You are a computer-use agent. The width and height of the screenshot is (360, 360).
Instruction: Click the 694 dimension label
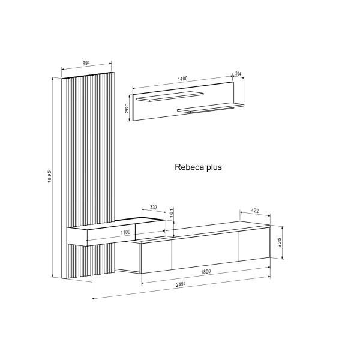(86, 63)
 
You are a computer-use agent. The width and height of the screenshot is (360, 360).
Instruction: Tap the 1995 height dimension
(50, 176)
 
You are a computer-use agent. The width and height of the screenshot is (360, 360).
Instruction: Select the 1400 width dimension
(183, 79)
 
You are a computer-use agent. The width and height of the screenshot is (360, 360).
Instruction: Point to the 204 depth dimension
(238, 74)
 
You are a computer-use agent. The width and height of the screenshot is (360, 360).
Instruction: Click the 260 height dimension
(127, 108)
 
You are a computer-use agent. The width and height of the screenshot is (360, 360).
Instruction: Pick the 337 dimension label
(154, 208)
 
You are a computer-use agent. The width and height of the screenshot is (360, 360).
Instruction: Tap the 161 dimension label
(171, 214)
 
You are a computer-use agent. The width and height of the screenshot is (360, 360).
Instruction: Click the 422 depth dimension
(255, 211)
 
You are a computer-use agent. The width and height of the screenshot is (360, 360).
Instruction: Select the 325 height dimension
(280, 242)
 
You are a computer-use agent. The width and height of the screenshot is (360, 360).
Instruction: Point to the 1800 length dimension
(206, 272)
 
